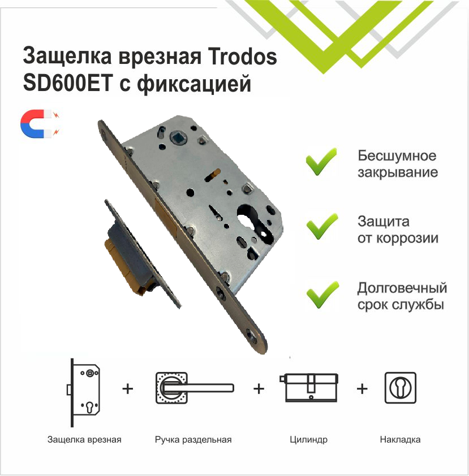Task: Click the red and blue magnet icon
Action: coord(40,124)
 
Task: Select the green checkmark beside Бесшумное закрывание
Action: coord(321,162)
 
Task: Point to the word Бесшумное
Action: coord(397,156)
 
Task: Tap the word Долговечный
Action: coord(402,288)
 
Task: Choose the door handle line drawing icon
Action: coord(192,387)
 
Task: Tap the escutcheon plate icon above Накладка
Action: coord(400,387)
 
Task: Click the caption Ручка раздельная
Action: coord(193,439)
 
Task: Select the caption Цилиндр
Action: coord(308,439)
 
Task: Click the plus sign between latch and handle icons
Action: coord(128,389)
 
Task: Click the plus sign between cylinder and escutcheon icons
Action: coord(362,389)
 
